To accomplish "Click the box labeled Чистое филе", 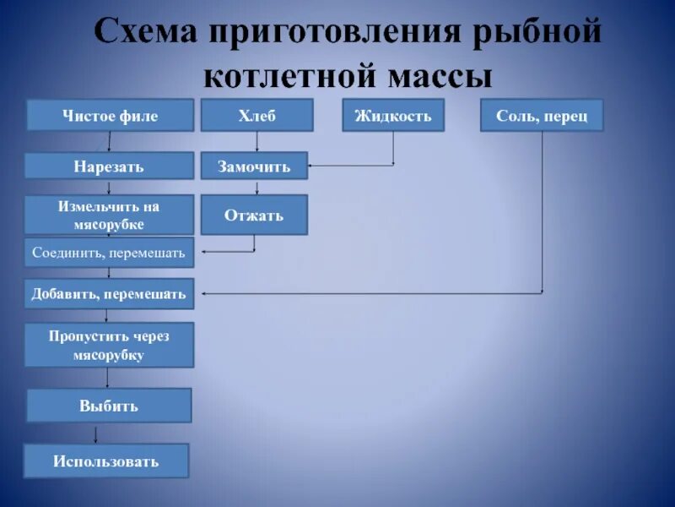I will pyautogui.click(x=110, y=115).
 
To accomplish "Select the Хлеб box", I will pyautogui.click(x=256, y=115).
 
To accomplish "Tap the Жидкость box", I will pyautogui.click(x=392, y=115).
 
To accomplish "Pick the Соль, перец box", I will pyautogui.click(x=542, y=115).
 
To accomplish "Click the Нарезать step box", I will pyautogui.click(x=108, y=166).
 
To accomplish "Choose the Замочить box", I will pyautogui.click(x=254, y=166).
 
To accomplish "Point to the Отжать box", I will pyautogui.click(x=254, y=215).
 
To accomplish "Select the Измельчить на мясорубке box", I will pyautogui.click(x=108, y=215).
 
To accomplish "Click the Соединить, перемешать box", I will pyautogui.click(x=108, y=252).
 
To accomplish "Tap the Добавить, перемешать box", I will pyautogui.click(x=108, y=293).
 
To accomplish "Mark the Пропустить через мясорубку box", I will pyautogui.click(x=108, y=345).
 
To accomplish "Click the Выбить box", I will pyautogui.click(x=109, y=406).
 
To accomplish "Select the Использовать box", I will pyautogui.click(x=106, y=461).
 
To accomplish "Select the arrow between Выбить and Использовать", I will pyautogui.click(x=96, y=433).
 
